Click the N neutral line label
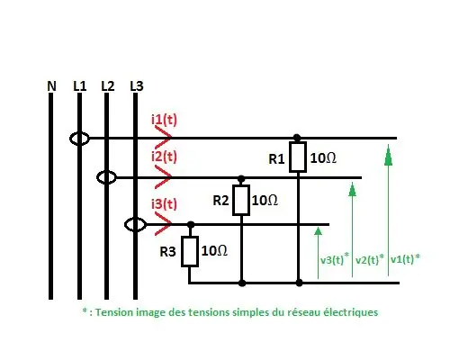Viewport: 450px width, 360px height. [x=51, y=86]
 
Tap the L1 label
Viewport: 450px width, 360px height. [x=80, y=86]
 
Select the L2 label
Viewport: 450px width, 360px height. [x=108, y=86]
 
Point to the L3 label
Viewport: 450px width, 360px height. [x=137, y=86]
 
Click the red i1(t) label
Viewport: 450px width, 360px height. [x=164, y=120]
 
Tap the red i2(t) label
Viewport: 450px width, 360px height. [x=164, y=157]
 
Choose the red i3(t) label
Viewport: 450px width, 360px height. [x=164, y=204]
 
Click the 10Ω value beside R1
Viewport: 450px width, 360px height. [x=323, y=158]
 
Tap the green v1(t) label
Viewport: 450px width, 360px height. [x=405, y=258]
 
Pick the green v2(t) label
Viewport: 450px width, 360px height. [x=370, y=259]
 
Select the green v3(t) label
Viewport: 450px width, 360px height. [x=335, y=259]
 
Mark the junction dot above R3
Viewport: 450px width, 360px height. [x=191, y=225]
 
